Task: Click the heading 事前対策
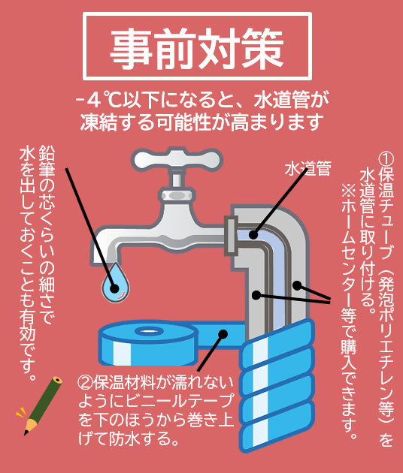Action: coord(197,49)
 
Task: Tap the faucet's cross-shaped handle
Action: coord(177,160)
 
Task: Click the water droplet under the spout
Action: coord(115,282)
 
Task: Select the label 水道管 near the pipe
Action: coord(308,169)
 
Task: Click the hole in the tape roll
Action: coord(149,331)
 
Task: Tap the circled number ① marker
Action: coord(386,159)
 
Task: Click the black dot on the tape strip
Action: coord(223,334)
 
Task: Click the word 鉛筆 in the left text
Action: coord(47,161)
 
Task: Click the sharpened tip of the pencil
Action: coord(26,434)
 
